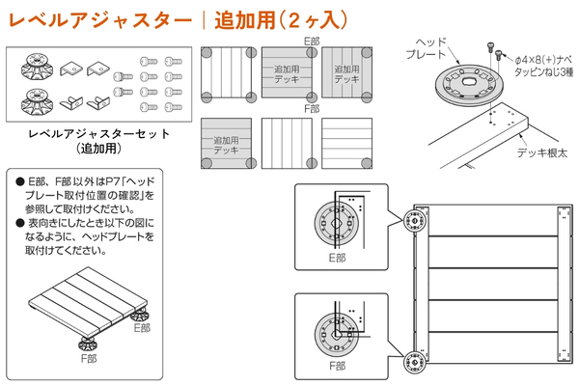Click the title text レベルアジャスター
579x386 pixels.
click(x=92, y=18)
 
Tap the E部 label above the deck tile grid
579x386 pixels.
click(x=311, y=41)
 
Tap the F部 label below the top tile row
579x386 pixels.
click(x=311, y=108)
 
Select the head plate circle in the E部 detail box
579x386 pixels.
click(x=334, y=223)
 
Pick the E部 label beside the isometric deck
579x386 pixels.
click(x=142, y=327)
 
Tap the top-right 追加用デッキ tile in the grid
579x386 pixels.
click(x=346, y=71)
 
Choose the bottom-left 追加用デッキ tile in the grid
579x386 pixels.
click(x=225, y=146)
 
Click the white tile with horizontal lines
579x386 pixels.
click(x=346, y=146)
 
